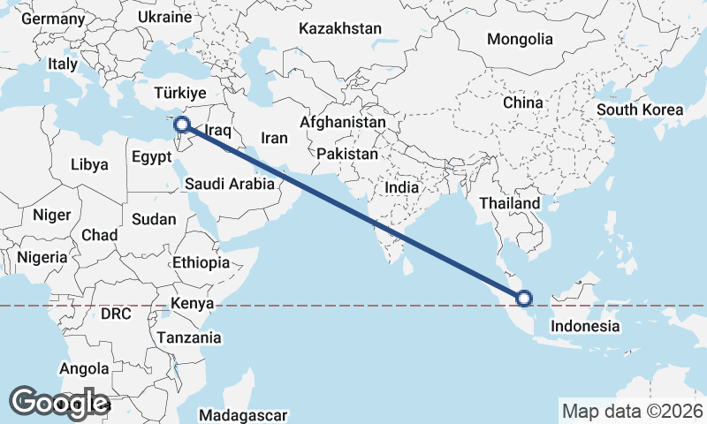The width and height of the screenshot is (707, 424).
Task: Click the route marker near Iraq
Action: tap(182, 125)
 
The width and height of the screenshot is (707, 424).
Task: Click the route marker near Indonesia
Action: tap(522, 299)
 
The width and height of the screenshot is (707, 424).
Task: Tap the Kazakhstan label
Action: tap(340, 29)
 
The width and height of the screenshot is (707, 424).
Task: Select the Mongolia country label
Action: tap(519, 39)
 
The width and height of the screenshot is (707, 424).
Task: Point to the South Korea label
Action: tap(640, 110)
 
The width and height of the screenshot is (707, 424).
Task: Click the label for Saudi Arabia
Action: tap(230, 184)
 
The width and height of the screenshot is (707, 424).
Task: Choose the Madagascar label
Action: tap(243, 415)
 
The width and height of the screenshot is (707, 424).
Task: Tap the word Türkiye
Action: tap(179, 93)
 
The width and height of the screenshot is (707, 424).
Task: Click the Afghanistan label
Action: tap(343, 122)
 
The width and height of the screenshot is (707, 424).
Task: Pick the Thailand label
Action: tap(510, 203)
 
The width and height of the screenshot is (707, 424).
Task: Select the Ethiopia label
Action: tap(201, 262)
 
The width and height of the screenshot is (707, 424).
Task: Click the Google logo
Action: tap(59, 403)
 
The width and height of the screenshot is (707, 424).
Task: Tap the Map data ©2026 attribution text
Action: tap(633, 411)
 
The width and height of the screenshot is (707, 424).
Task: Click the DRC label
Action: tap(116, 314)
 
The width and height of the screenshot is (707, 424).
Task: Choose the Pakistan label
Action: tap(347, 154)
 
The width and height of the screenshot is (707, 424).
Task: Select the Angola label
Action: tap(84, 368)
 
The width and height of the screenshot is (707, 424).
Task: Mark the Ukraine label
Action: tap(165, 17)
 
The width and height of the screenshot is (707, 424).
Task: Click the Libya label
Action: tap(89, 164)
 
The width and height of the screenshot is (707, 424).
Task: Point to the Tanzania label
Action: tap(189, 337)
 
